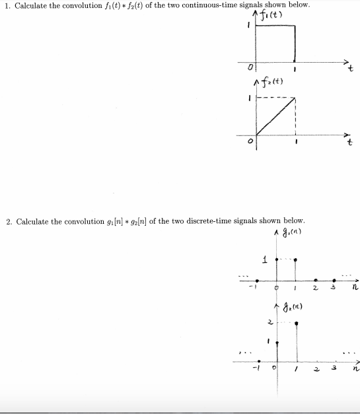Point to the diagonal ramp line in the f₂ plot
pyautogui.click(x=276, y=118)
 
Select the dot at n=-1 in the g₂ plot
pyautogui.click(x=259, y=361)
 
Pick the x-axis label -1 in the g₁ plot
pyautogui.click(x=251, y=289)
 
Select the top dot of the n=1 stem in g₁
pyautogui.click(x=295, y=260)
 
